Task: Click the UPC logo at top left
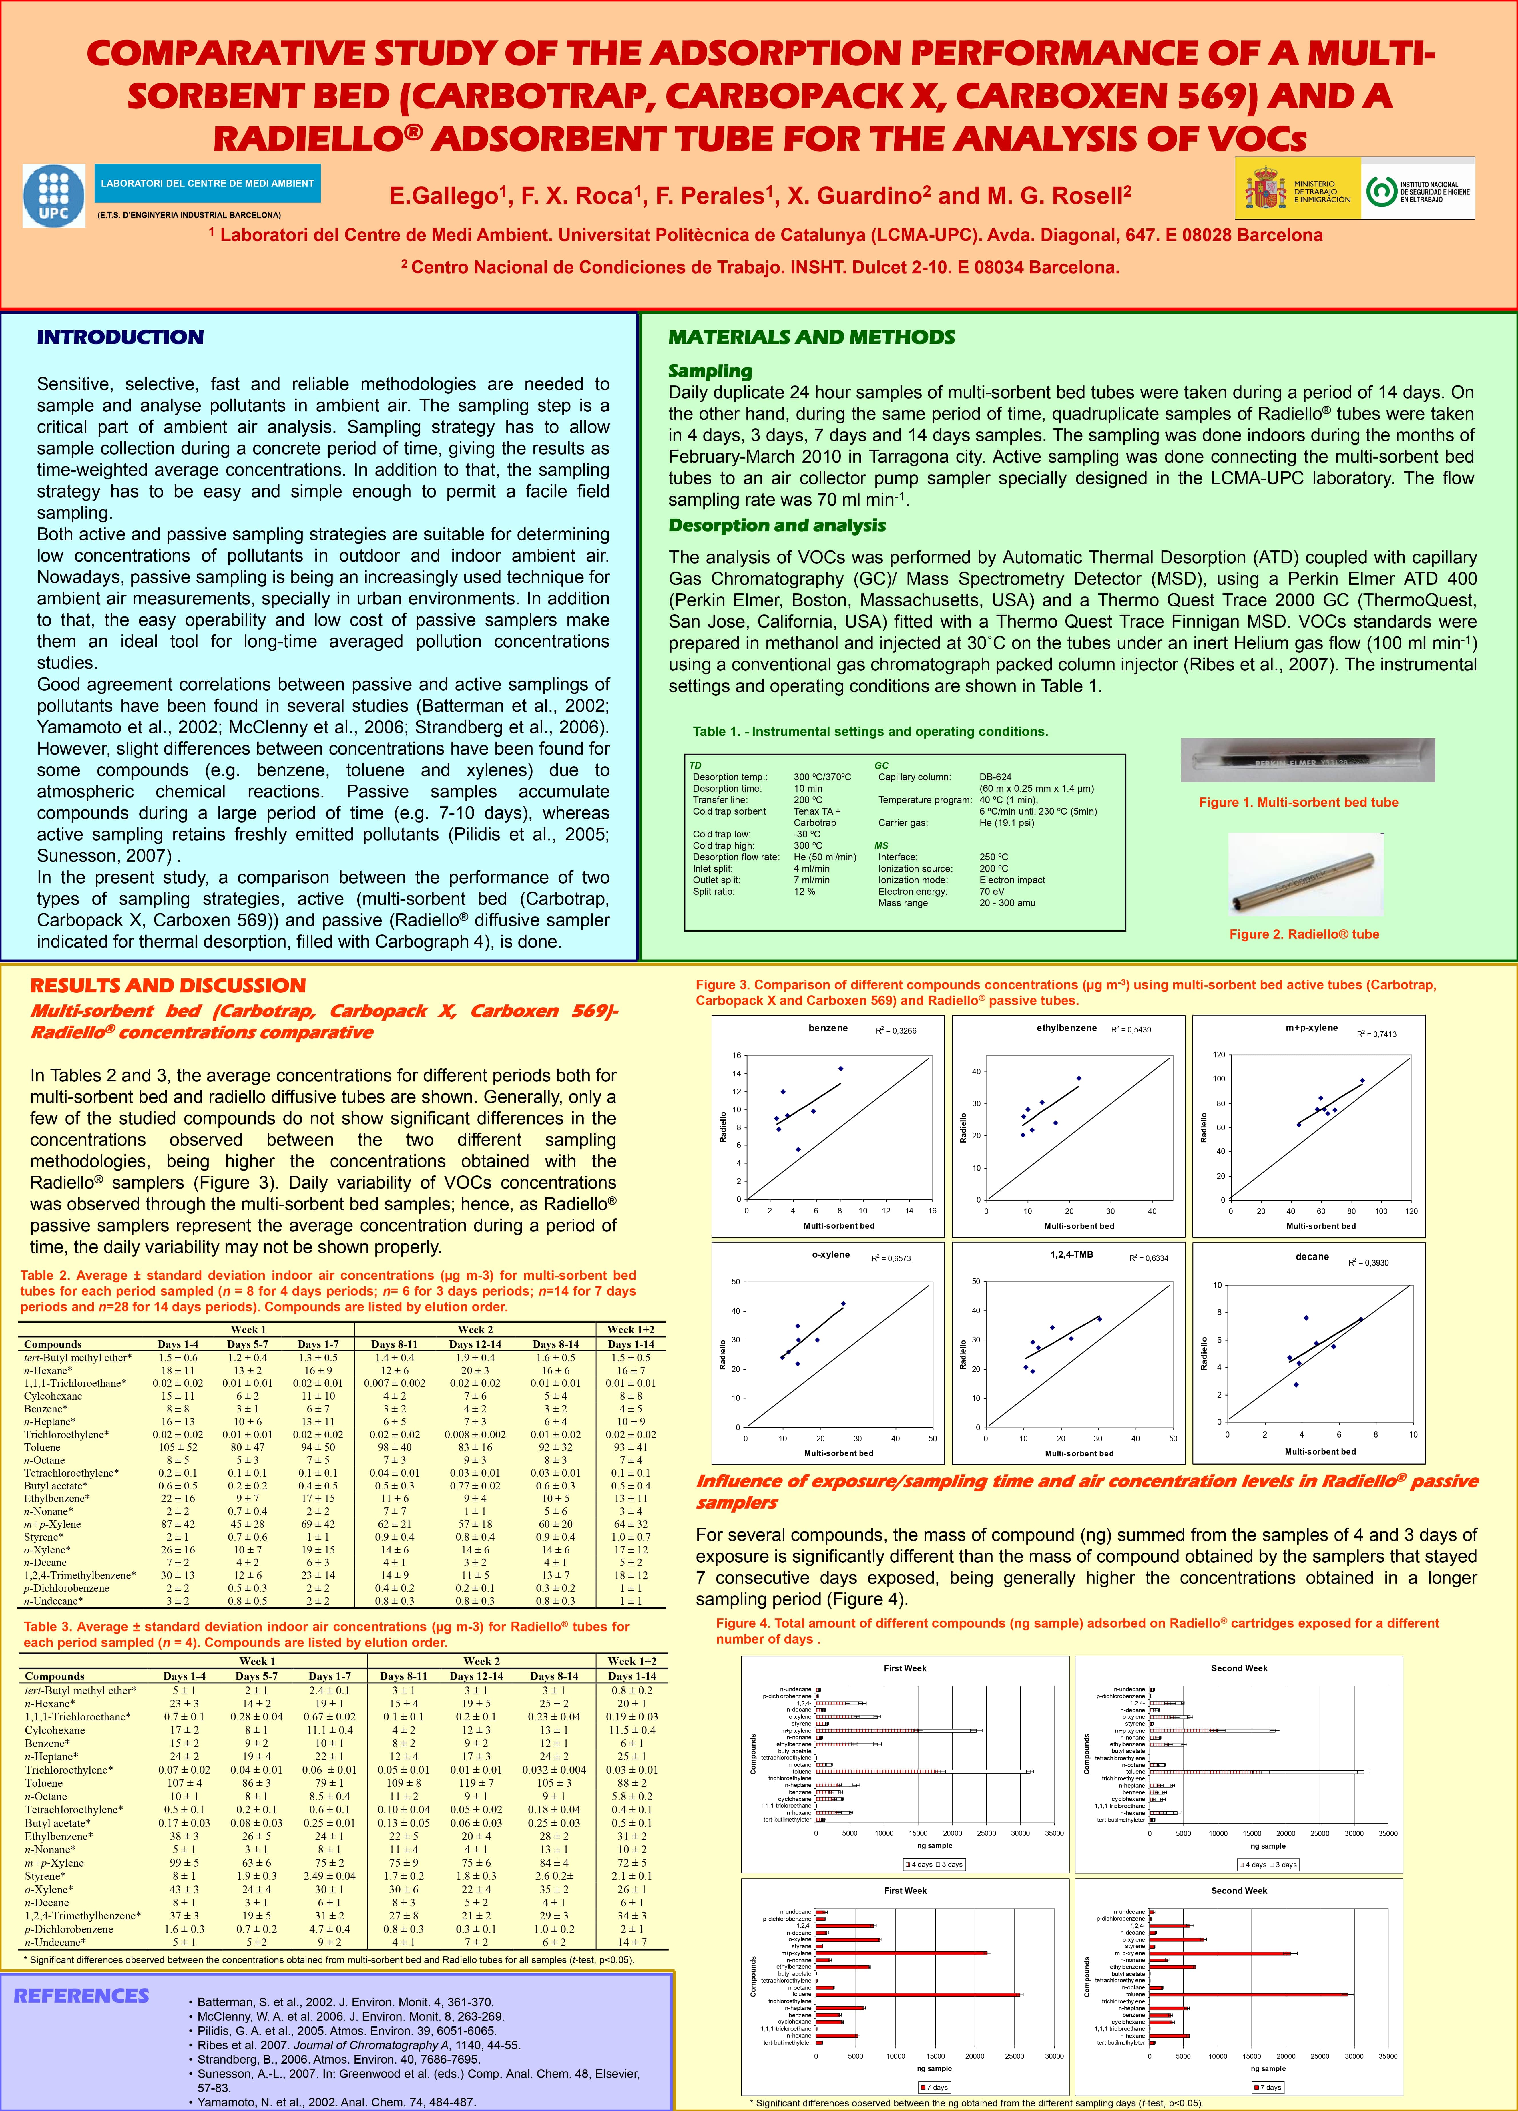[x=53, y=196]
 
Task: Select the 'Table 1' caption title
[x=870, y=732]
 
